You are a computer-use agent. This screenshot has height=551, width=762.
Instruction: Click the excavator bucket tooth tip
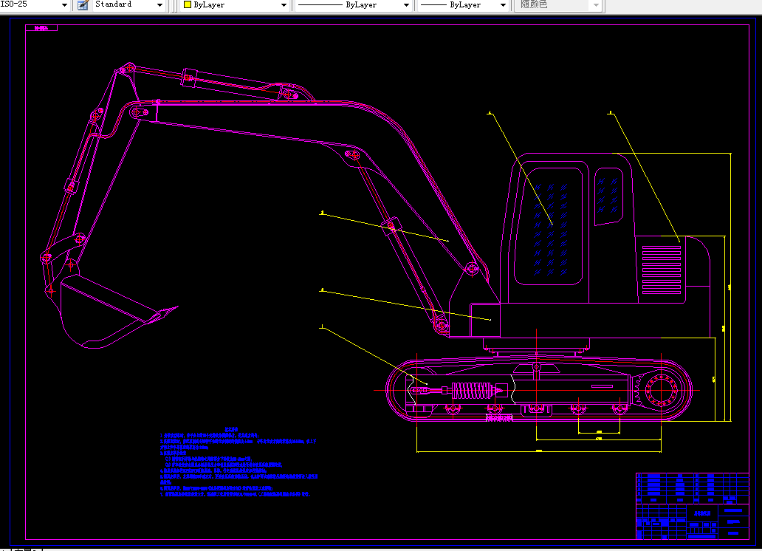(x=175, y=307)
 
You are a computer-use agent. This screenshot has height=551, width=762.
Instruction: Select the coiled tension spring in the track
(x=472, y=391)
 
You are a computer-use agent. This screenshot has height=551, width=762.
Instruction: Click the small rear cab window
(x=609, y=196)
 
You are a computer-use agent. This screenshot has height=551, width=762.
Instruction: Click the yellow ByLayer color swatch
(x=187, y=5)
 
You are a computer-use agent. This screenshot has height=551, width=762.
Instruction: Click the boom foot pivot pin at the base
(x=441, y=322)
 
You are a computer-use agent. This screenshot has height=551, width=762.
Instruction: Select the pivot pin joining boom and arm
(x=137, y=115)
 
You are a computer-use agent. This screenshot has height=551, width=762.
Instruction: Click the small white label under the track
(x=500, y=419)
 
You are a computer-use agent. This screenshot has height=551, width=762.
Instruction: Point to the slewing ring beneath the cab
(x=537, y=344)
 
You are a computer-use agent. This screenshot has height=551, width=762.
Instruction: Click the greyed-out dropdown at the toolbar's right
(x=560, y=5)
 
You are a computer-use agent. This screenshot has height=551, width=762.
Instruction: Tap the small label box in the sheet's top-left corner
(x=41, y=28)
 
